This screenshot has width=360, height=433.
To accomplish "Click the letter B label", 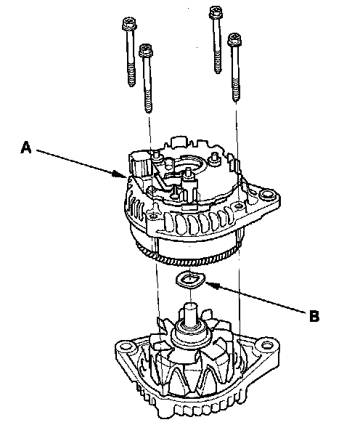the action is click(314, 316).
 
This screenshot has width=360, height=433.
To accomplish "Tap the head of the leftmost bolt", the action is click(129, 23).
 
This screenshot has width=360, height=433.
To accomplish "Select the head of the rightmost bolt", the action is click(234, 39).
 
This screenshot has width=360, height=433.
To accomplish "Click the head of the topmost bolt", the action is click(216, 12).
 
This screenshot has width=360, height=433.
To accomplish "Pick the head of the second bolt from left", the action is click(146, 50).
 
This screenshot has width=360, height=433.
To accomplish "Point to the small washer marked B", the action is click(190, 280).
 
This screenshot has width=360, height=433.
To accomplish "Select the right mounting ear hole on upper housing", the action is click(266, 195).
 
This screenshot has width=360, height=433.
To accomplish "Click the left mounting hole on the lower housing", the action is click(126, 347).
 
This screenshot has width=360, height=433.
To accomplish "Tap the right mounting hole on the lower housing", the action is click(266, 346).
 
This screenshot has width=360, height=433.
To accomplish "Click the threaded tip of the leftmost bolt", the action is click(131, 82).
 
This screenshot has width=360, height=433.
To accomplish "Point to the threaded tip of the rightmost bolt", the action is click(236, 98).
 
